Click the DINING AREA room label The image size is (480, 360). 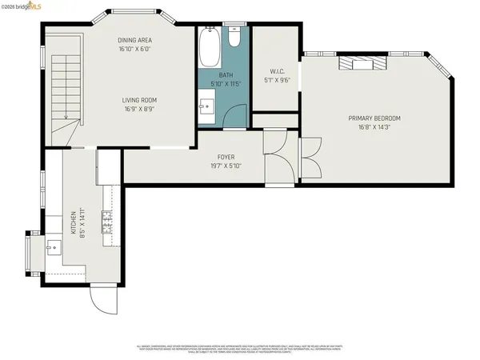tap(135, 39)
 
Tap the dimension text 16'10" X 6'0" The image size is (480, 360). tap(135, 48)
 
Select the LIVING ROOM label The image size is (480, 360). tap(138, 100)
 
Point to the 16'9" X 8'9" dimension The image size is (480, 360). tap(138, 110)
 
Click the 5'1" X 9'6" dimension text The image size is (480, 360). tap(274, 80)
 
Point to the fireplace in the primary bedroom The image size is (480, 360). tap(358, 64)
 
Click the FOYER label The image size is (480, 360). tap(226, 157)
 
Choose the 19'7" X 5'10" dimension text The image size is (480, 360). tap(226, 166)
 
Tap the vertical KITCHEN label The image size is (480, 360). tap(73, 222)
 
